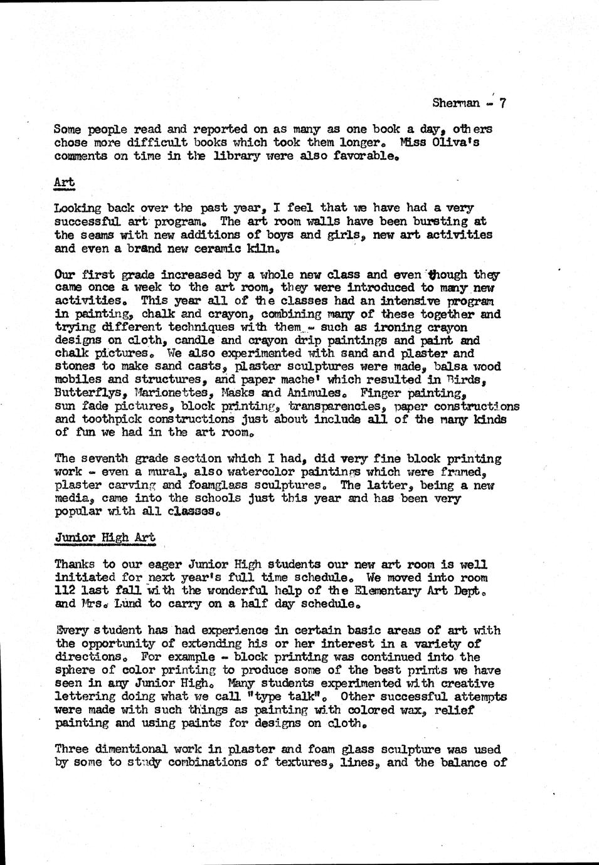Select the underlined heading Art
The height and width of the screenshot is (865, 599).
tap(64, 182)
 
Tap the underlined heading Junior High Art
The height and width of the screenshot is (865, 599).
tap(105, 537)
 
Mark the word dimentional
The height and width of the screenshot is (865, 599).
tap(134, 749)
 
